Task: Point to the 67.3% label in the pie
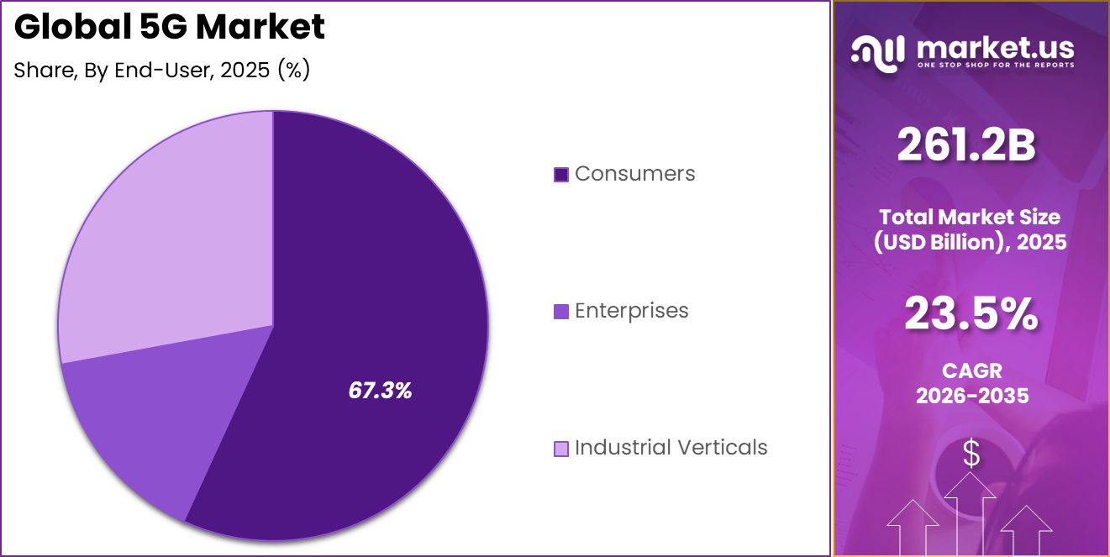click(380, 390)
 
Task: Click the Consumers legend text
click(634, 174)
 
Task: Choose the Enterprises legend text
click(631, 311)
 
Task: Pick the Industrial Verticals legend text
click(671, 447)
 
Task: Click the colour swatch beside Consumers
click(561, 175)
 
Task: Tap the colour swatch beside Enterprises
click(561, 312)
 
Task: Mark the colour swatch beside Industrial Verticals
click(561, 449)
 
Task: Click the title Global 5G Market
click(170, 28)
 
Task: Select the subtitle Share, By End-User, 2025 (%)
click(162, 71)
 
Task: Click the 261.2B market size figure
click(966, 145)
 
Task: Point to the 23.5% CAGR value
click(971, 314)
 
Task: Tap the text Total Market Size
click(971, 217)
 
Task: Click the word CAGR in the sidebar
click(971, 370)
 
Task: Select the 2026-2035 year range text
click(972, 396)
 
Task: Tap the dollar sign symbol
click(971, 455)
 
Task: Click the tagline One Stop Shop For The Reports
click(995, 65)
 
